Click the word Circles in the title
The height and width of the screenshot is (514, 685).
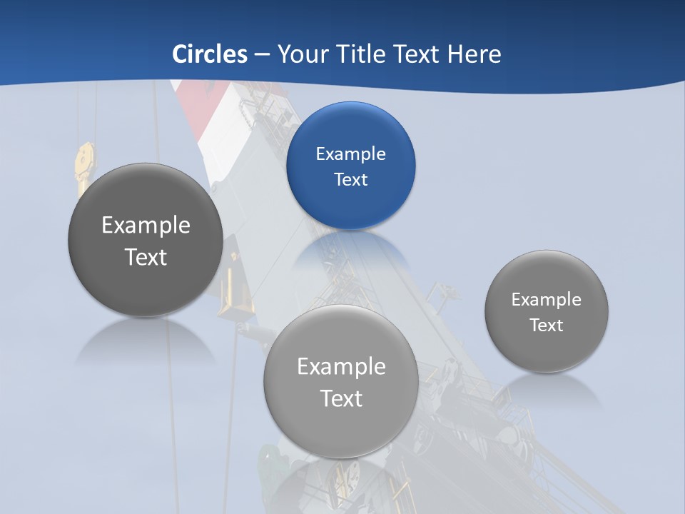point(210,54)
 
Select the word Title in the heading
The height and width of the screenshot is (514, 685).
point(360,54)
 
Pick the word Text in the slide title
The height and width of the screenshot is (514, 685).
point(417,54)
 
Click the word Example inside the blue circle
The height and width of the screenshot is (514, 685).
point(350,154)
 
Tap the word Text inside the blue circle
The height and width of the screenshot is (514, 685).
point(350,180)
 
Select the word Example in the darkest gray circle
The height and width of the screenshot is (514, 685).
point(146,226)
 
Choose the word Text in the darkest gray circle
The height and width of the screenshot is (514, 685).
point(146,257)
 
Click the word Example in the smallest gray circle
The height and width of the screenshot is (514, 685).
point(546,300)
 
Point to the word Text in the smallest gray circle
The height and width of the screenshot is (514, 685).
point(546,326)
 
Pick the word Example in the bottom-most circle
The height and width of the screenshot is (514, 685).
point(341,367)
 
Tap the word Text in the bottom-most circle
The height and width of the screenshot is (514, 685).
point(341,398)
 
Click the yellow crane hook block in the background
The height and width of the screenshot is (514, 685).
point(85,167)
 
